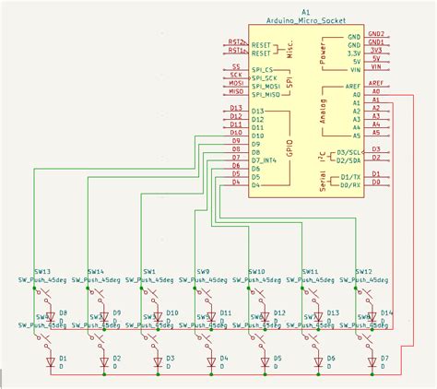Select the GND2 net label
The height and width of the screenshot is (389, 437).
(375, 34)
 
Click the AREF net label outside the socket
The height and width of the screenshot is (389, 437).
(375, 83)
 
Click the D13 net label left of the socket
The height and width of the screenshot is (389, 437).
(237, 111)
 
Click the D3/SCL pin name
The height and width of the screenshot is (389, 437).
(350, 150)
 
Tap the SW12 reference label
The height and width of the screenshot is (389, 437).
(363, 272)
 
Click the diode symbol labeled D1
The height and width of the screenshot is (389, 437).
(50, 364)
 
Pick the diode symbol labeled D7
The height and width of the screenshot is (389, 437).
(372, 364)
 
